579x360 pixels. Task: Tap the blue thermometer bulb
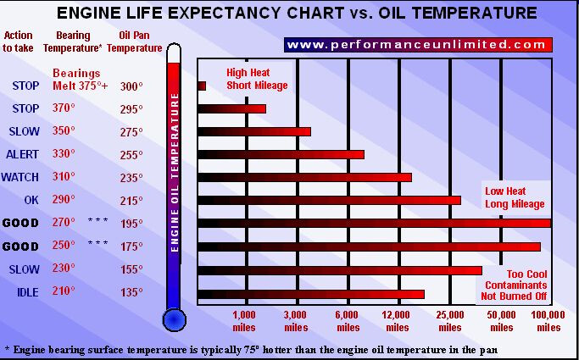click(175, 319)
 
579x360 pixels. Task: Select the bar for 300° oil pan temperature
click(202, 86)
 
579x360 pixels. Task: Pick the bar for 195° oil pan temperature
click(374, 223)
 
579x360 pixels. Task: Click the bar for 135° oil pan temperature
click(310, 294)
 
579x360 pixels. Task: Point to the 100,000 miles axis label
click(548, 320)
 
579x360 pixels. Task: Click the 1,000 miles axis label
click(244, 320)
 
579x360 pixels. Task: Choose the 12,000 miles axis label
click(398, 320)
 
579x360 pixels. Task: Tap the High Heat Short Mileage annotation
click(256, 79)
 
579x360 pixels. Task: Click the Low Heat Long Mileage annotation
click(515, 198)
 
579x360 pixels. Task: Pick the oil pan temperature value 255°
click(131, 154)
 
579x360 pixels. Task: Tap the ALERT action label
click(21, 154)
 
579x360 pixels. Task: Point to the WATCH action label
click(20, 177)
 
